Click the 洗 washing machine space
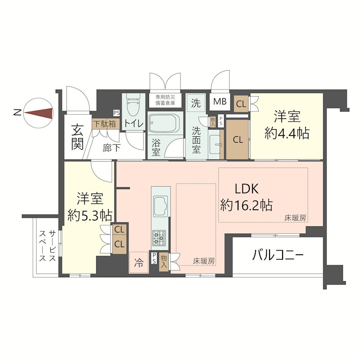coord(196,102)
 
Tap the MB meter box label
coord(220,102)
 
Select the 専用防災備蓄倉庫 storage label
coord(165,99)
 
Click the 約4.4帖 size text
coord(287,134)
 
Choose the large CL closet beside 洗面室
coord(238,139)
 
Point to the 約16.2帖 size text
coord(246,206)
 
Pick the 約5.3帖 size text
coord(90,214)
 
